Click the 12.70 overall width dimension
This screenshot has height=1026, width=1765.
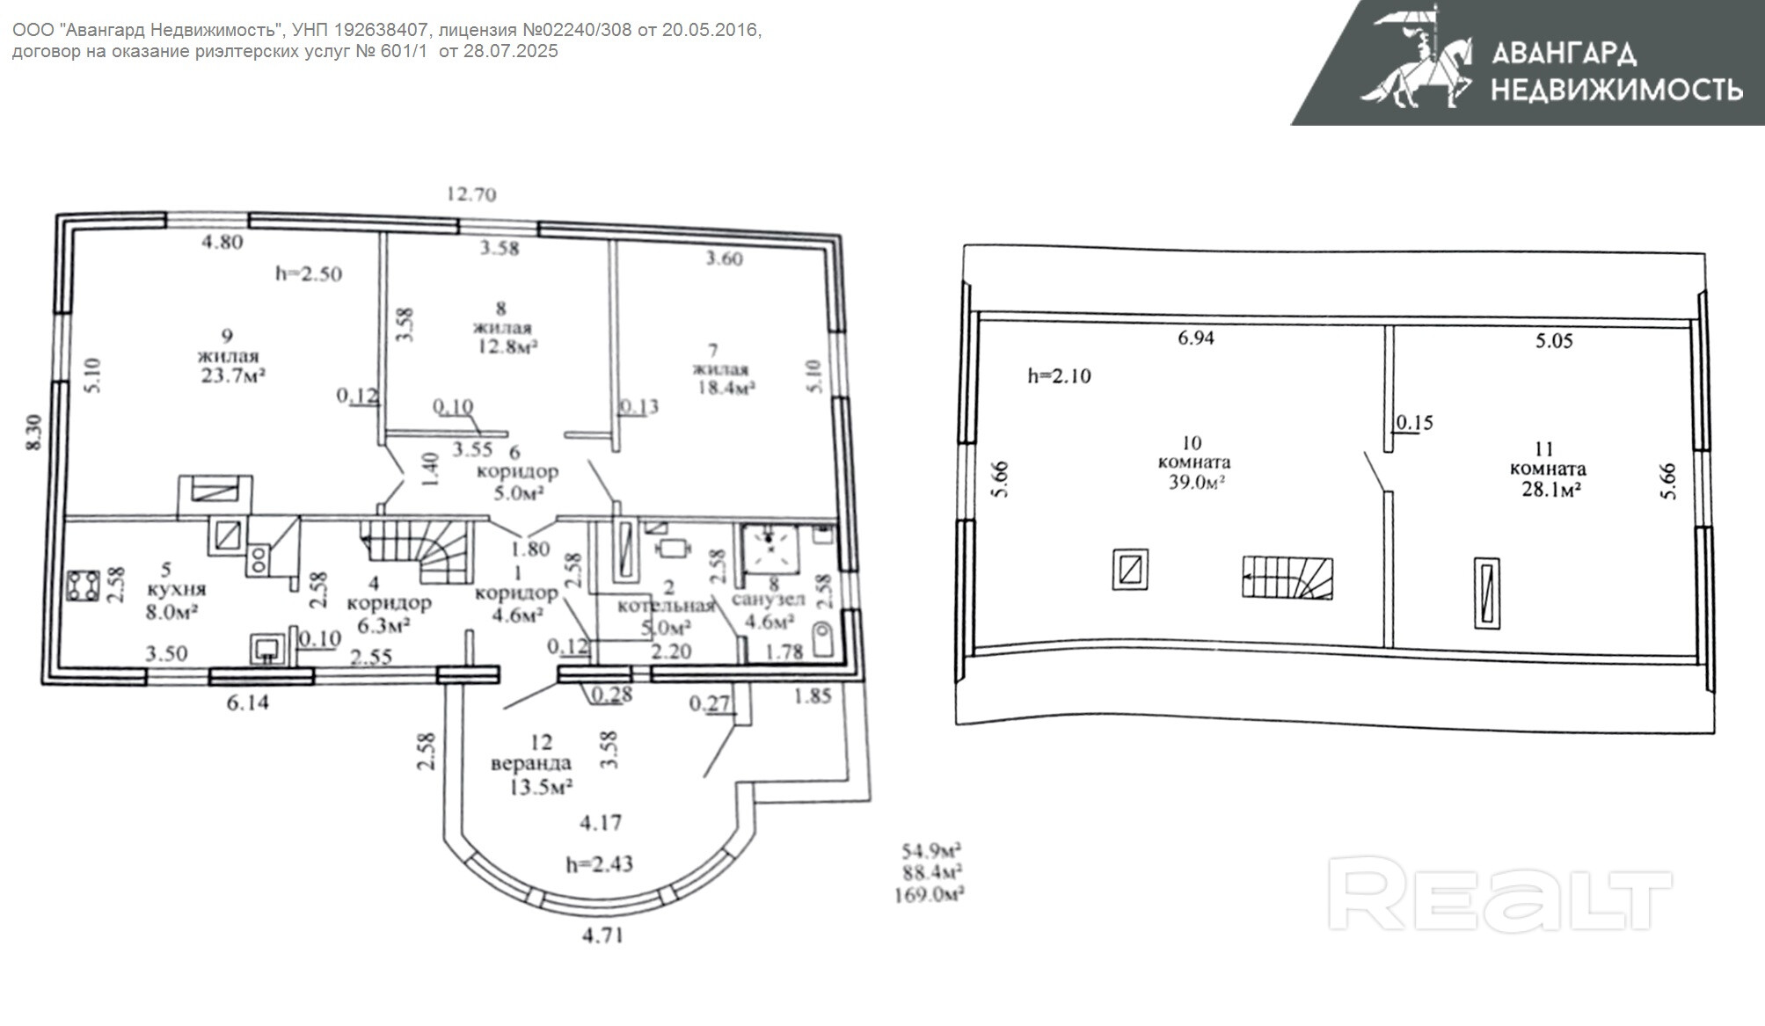[x=471, y=194]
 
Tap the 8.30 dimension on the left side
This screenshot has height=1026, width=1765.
[x=34, y=433]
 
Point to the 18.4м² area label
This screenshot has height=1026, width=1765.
[x=726, y=387]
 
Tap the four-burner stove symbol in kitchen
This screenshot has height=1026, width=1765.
[x=84, y=586]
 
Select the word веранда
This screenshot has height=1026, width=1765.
[x=531, y=764]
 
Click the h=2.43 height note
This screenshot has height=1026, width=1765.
[x=599, y=864]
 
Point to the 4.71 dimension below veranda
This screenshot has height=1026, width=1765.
[x=602, y=935]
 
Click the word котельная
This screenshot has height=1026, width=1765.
[x=666, y=606]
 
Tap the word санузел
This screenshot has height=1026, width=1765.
[x=769, y=600]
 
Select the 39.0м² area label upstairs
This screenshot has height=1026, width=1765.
[x=1198, y=482]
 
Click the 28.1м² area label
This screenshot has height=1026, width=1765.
[x=1552, y=490]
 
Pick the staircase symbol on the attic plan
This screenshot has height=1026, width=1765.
[x=1287, y=578]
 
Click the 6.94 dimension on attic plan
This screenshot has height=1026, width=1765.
[x=1196, y=338]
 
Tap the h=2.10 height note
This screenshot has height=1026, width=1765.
[x=1060, y=376]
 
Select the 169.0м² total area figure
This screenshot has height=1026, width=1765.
[x=929, y=895]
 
